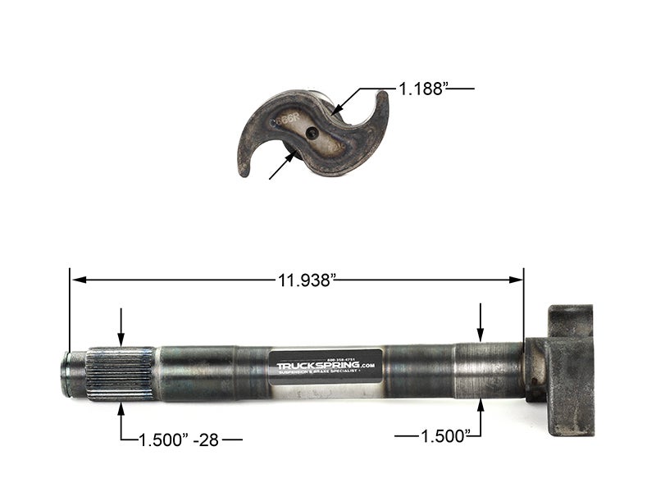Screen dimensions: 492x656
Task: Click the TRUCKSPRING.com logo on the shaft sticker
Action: [326, 365]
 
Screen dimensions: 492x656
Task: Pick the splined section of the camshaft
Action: [121, 373]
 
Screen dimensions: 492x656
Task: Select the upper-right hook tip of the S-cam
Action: [381, 97]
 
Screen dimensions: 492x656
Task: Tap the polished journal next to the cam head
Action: [489, 371]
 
